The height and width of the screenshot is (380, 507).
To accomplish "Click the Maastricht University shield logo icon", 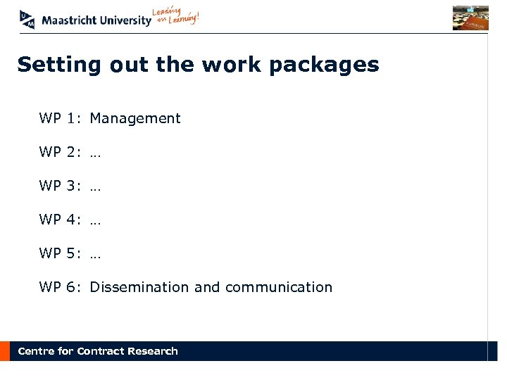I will [x=27, y=19].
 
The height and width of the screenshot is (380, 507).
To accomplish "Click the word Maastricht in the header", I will [x=68, y=20].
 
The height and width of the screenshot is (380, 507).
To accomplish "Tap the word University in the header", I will [x=125, y=20].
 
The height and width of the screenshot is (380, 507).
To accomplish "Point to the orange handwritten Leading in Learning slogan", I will [x=176, y=17].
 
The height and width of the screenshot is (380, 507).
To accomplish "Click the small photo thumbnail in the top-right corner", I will [x=470, y=18].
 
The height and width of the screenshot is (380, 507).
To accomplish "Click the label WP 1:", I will [x=60, y=119].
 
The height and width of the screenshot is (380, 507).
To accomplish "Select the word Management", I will [x=135, y=119].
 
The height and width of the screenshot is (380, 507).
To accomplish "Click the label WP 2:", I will [x=60, y=153].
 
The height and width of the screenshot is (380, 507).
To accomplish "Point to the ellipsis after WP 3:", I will [x=96, y=187].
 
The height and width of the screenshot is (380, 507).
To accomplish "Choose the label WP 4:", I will [x=60, y=220].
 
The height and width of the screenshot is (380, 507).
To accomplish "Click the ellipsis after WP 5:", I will [x=96, y=255].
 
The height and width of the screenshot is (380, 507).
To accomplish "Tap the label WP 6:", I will [x=60, y=287].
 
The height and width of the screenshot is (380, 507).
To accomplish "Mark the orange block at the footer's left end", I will [x=5, y=351].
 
